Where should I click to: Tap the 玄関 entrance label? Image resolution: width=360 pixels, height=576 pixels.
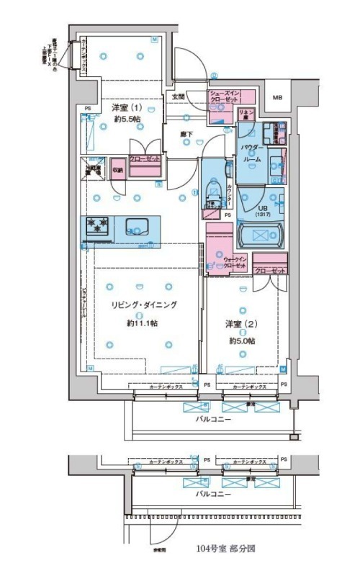pyautogui.click(x=178, y=96)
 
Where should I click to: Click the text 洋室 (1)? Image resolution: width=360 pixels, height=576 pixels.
pyautogui.click(x=126, y=108)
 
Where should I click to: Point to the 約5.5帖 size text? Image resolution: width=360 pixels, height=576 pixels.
pyautogui.click(x=126, y=120)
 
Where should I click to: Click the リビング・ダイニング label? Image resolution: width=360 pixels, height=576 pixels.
pyautogui.click(x=143, y=305)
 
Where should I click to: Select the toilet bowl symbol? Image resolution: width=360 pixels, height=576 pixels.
pyautogui.click(x=214, y=192)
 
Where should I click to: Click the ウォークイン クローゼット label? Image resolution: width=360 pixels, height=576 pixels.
pyautogui.click(x=236, y=262)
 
